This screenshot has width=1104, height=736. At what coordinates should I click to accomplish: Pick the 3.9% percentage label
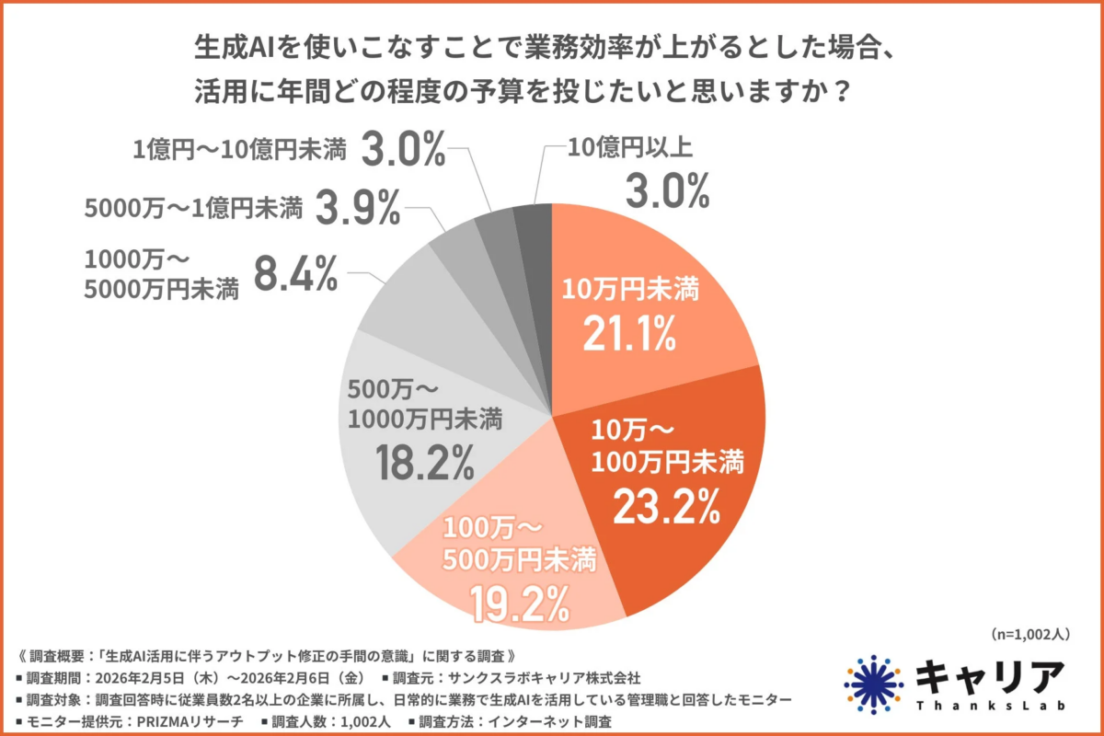click(x=358, y=210)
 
